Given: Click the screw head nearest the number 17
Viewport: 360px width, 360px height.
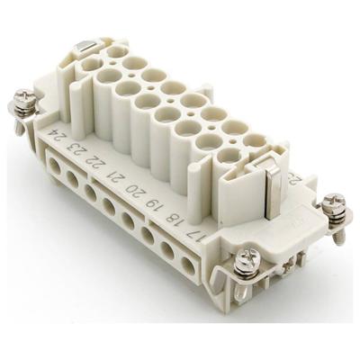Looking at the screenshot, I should coord(245,263).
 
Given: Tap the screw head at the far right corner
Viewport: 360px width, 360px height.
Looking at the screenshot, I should coord(335,203).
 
